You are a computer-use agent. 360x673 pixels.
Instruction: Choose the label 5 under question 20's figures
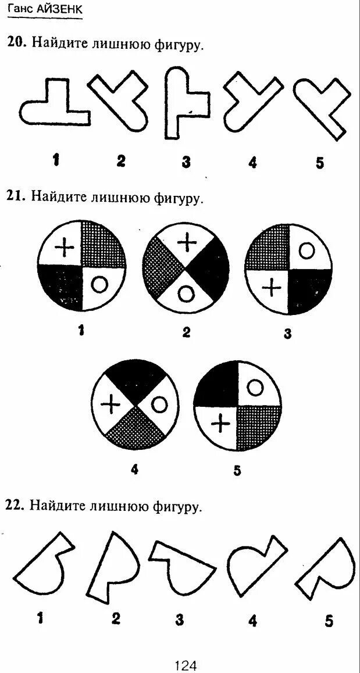coord(319,163)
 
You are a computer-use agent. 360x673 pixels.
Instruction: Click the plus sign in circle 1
coord(65,248)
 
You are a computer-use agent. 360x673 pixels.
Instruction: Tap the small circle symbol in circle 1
coord(99,284)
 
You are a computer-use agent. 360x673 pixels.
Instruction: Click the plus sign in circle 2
coord(186,241)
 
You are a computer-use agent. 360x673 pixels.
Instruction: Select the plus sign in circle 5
coord(219,425)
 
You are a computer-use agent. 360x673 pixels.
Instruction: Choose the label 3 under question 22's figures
coord(179,620)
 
